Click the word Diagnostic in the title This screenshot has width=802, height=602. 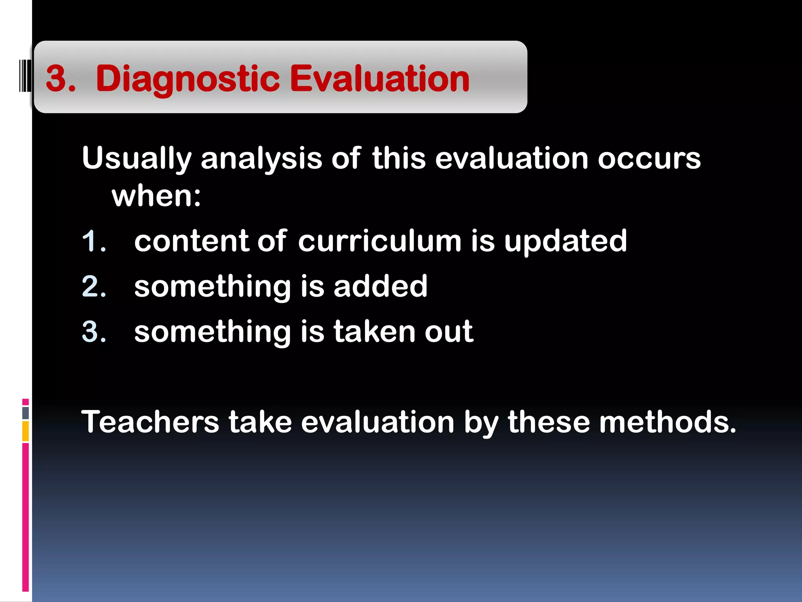click(188, 80)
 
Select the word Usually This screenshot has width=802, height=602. click(137, 159)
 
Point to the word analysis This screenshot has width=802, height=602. click(261, 159)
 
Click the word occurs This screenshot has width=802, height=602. click(649, 159)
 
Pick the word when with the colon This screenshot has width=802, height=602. click(156, 196)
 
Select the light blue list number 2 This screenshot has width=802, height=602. click(93, 286)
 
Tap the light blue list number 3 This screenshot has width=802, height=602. click(93, 332)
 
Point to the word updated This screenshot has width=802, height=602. click(565, 242)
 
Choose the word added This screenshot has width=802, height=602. click(380, 286)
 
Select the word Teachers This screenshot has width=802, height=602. click(150, 422)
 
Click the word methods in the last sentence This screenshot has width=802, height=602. click(667, 422)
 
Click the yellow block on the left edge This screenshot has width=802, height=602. click(25, 431)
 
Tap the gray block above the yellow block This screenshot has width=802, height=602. click(25, 413)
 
